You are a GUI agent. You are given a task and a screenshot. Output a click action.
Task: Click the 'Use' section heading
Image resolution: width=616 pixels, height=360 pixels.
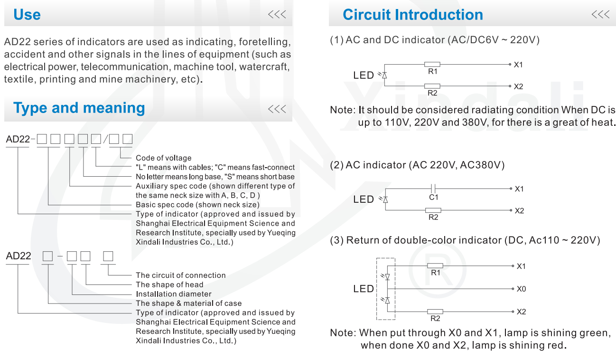27,15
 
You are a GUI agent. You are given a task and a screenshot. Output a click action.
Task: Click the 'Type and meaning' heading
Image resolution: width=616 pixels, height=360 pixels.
79,108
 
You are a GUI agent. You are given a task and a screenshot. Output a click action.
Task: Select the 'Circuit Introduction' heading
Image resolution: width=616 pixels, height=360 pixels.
412,15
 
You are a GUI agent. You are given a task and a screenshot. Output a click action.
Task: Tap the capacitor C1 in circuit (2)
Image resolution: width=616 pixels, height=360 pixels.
433,189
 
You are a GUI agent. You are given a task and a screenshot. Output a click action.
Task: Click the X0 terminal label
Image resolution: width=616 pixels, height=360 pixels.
521,289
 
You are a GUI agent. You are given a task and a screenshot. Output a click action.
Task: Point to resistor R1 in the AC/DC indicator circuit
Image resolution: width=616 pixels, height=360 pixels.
432,64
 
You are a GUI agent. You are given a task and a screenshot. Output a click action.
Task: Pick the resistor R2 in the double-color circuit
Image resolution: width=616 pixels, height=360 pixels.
435,312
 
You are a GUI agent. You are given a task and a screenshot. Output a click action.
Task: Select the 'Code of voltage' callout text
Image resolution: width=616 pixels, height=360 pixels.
164,158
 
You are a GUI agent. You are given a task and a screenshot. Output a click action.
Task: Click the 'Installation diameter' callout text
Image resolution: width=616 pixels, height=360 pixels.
174,294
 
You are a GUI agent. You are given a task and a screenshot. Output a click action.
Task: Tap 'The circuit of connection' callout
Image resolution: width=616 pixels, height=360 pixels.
181,275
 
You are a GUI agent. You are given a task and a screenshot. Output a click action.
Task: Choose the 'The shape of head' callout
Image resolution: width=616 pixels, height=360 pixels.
169,284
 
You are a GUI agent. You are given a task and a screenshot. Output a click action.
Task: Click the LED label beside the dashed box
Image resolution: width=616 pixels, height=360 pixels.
364,289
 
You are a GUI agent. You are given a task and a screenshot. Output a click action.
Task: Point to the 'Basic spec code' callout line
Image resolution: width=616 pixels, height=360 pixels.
197,205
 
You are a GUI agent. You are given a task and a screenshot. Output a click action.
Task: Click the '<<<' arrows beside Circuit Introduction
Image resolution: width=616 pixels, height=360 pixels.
600,15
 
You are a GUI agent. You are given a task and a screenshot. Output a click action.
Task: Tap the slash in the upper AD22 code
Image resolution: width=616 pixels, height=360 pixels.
106,140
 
